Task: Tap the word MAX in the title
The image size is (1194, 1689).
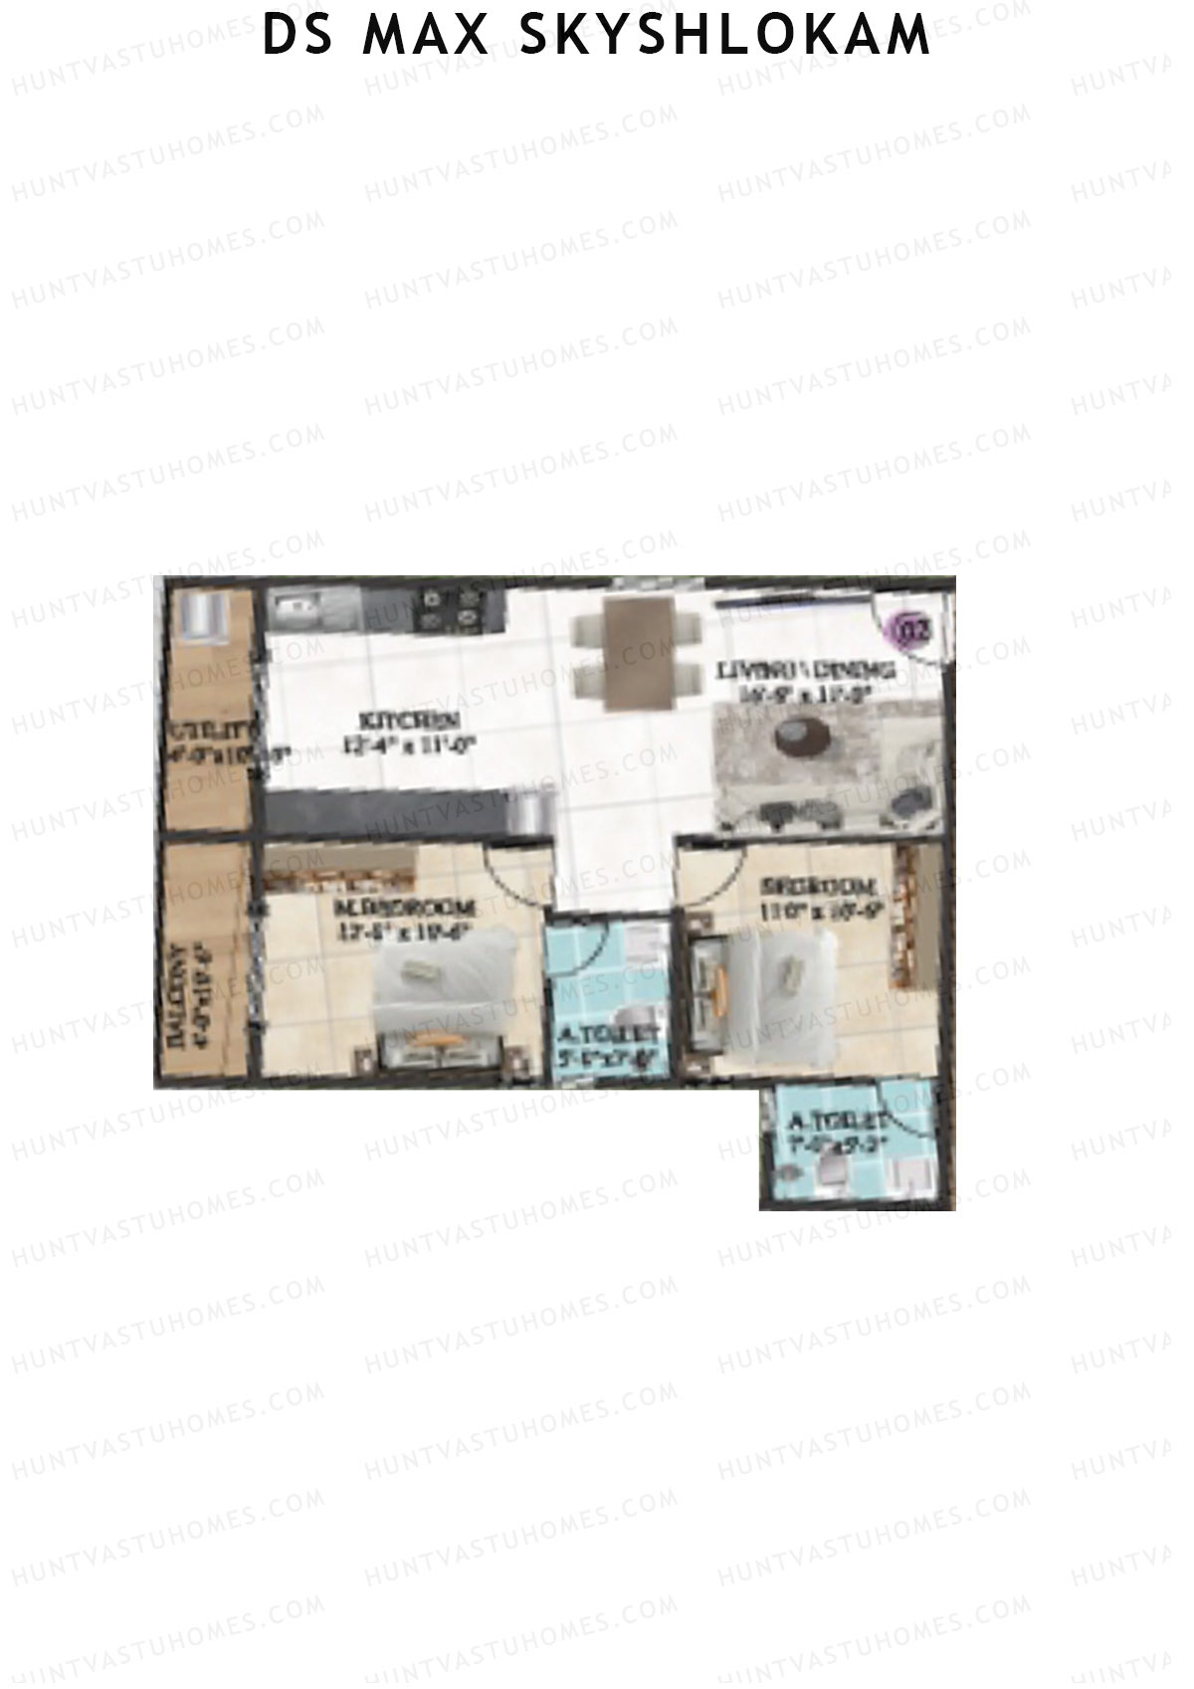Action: pos(426,36)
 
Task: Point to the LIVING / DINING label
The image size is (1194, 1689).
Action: pos(806,670)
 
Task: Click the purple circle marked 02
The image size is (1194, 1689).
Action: pos(913,630)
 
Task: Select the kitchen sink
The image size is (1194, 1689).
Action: pos(295,604)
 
